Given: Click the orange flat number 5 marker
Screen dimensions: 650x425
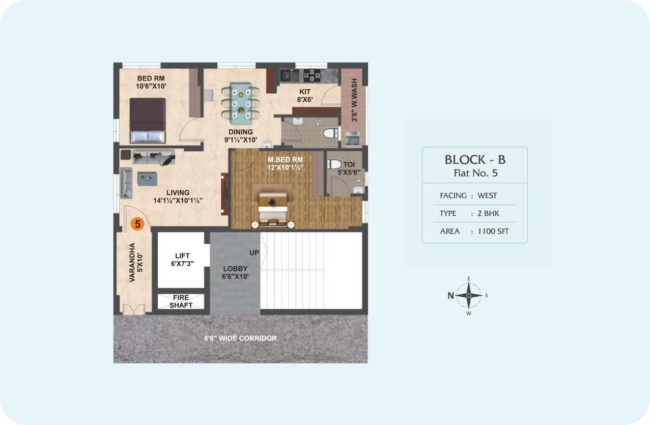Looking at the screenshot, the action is pos(137,223).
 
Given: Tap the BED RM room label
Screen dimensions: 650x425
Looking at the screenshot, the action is pos(151,78).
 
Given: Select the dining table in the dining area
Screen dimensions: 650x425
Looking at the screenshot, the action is pos(241,103).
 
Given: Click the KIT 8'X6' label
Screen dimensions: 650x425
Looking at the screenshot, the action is pos(305,96).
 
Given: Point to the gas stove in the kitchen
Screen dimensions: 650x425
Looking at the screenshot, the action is pos(312,75).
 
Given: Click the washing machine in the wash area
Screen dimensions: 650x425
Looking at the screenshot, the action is pos(352,138).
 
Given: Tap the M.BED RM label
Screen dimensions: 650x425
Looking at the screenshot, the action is pos(285,159).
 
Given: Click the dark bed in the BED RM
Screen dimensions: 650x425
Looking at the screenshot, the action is pos(148,120).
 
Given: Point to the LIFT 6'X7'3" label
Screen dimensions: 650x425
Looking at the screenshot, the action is pos(182,260).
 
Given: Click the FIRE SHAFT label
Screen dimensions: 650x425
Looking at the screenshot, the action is pos(181,301).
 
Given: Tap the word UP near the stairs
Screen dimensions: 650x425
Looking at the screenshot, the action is pos(254,252).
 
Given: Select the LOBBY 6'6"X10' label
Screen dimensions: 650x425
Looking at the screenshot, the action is pos(235,272).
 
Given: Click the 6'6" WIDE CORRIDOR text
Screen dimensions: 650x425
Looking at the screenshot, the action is pos(241,338).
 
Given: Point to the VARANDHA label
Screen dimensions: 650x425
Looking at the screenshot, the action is pos(132,262).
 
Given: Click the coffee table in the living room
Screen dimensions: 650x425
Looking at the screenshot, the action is pos(148,179).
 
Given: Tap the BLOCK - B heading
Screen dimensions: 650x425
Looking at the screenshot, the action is pos(475,160).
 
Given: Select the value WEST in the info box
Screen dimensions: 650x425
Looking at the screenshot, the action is pos(487,195).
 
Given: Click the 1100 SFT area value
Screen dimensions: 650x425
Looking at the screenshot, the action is pos(493,231).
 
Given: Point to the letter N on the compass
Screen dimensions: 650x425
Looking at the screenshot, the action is pos(450,296).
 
